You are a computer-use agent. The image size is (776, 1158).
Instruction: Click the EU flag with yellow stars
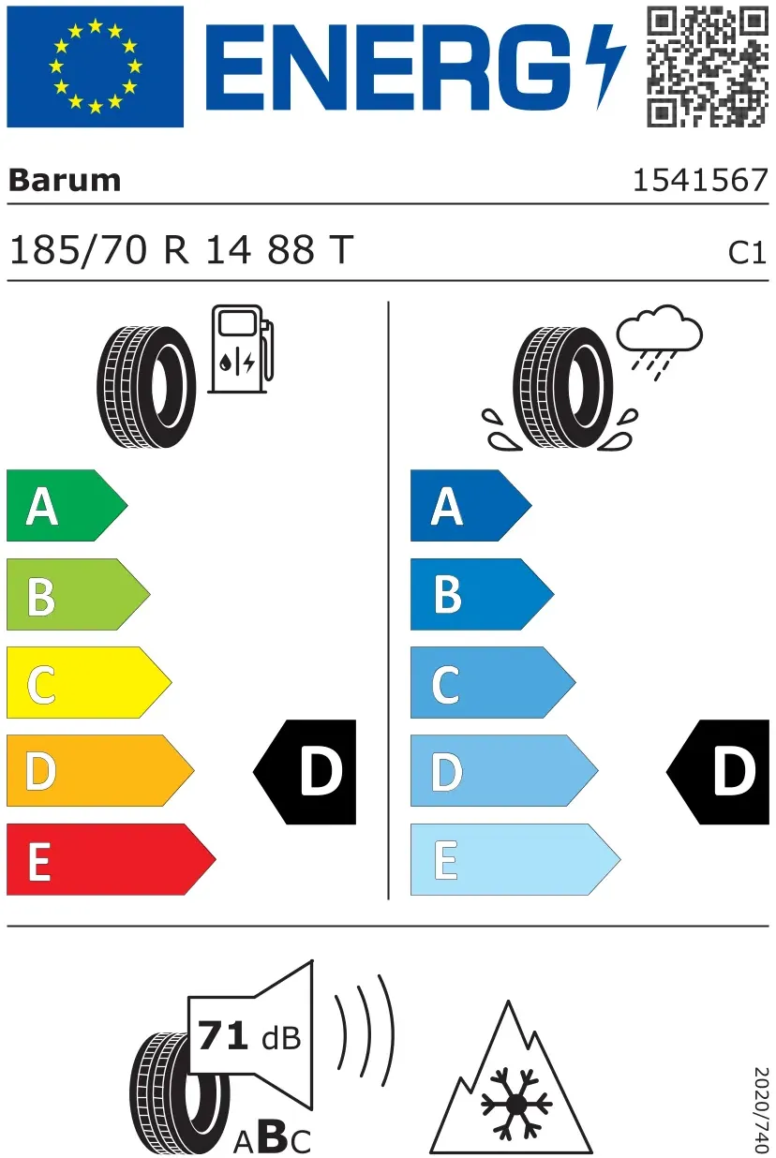pos(96,67)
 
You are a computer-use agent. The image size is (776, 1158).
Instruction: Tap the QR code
pos(708,67)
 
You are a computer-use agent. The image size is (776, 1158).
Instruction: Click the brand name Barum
pos(65,181)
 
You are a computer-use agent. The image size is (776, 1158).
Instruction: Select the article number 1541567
pos(700,181)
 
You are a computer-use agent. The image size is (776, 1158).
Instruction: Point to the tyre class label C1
pos(747,253)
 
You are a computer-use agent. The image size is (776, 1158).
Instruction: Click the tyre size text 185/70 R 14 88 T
pos(182,250)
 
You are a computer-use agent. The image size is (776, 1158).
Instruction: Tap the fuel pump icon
pos(241,349)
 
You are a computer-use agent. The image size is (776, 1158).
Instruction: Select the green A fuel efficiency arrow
pos(67,506)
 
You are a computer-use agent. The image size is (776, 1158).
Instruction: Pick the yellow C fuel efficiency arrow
pos(89,682)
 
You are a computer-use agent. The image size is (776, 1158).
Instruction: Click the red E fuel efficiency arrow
pos(112,859)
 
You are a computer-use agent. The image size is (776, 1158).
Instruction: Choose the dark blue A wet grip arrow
pos(471,506)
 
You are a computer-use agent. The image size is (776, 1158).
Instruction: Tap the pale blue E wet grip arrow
pos(515,859)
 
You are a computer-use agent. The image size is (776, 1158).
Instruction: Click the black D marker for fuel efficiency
pos(305,772)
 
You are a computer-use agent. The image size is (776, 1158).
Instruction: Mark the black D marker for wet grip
pos(718,772)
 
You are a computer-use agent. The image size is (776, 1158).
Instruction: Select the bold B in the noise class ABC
pos(275,1136)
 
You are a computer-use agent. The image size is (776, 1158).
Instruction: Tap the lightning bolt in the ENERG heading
pos(605,67)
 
